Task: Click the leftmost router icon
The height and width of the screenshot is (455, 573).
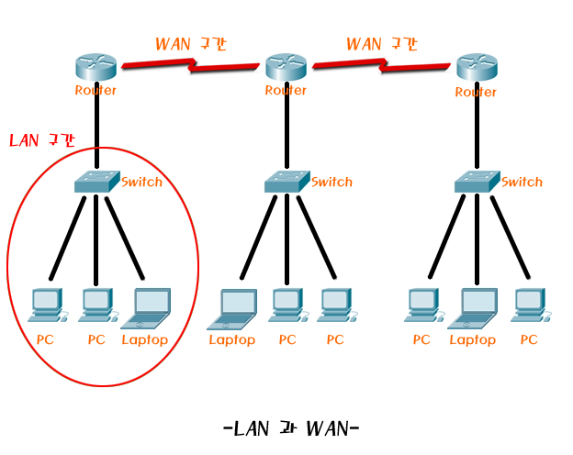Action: click(96, 67)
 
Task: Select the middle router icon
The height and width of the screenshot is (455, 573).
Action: click(286, 67)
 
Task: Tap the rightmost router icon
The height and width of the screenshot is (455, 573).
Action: click(476, 67)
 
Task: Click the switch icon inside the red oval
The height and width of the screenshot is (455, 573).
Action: click(96, 182)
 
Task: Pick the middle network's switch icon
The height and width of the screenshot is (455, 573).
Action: click(286, 182)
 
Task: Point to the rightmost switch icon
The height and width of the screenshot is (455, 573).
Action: click(476, 182)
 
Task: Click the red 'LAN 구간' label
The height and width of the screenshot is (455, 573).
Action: click(41, 140)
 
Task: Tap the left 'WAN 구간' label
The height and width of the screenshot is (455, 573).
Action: click(190, 44)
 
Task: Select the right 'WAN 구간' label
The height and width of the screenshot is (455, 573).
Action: click(381, 44)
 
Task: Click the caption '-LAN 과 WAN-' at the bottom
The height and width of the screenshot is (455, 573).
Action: click(290, 428)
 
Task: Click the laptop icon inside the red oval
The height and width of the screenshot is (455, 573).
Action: click(145, 308)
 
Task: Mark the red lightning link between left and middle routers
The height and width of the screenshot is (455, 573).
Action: click(191, 66)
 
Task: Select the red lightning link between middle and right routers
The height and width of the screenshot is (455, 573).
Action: click(381, 65)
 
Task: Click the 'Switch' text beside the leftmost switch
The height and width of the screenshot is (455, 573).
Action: click(141, 182)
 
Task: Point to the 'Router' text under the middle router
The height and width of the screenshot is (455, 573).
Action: click(286, 90)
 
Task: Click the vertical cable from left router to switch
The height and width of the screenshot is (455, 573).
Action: click(96, 133)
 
